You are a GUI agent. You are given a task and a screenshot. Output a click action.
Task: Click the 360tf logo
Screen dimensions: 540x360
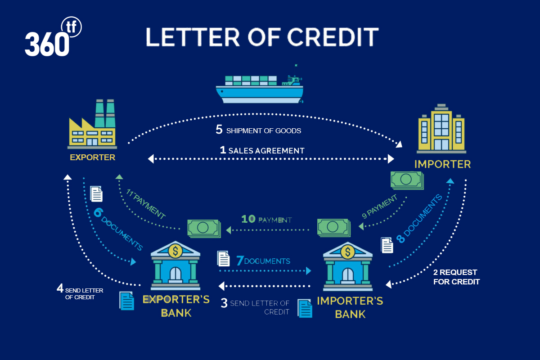point(53,36)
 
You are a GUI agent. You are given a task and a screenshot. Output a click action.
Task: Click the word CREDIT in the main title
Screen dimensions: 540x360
point(333,37)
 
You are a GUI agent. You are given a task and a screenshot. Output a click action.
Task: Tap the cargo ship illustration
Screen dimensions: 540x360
point(260,84)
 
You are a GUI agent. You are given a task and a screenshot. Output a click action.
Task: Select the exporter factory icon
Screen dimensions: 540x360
point(92,124)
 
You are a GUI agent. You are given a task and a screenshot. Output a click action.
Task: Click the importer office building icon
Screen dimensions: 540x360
point(441,129)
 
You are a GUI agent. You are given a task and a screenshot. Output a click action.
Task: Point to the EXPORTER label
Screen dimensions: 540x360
point(93,157)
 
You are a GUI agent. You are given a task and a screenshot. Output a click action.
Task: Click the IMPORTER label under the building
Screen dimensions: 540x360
point(443,164)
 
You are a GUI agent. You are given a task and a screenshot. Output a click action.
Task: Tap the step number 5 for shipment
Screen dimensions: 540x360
point(219,130)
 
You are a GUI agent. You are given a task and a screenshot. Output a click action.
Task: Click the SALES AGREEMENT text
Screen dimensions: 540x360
point(266,151)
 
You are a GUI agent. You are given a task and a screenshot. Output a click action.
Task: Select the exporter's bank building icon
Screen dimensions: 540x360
point(175,265)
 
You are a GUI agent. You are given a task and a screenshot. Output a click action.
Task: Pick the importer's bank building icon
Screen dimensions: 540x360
point(347,266)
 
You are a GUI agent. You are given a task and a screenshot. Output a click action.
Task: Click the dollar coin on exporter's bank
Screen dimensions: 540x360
point(175,251)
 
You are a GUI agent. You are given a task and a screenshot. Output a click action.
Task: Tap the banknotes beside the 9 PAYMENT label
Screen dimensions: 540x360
point(407,180)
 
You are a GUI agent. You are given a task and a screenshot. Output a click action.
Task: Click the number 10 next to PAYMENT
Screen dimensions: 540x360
point(248,219)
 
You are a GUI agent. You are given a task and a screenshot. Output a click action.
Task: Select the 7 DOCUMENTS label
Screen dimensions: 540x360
point(263,261)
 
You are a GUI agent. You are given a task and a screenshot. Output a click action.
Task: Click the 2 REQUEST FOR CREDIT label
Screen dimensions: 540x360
point(457,277)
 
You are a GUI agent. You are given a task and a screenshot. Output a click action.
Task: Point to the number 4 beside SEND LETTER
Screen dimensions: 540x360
point(60,288)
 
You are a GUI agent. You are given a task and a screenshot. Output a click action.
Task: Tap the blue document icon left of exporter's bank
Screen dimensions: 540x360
point(126,301)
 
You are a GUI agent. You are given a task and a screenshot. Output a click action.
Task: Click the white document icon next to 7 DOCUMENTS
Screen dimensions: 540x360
point(223,258)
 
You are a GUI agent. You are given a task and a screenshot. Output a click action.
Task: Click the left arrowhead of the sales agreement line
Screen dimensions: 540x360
point(151,159)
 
